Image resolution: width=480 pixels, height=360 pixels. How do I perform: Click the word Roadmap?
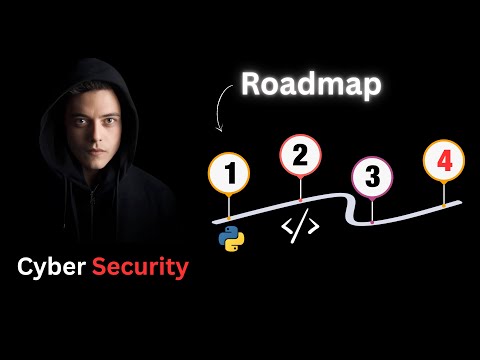pos(310,87)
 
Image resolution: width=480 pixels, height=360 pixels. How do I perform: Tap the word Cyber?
pos(49,268)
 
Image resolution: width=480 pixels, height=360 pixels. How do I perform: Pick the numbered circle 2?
pos(299,156)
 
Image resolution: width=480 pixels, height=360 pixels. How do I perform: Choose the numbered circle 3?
pos(372,178)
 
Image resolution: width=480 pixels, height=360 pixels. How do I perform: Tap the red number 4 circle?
pos(443,160)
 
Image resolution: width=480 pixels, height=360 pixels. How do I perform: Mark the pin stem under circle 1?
pos(229,209)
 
